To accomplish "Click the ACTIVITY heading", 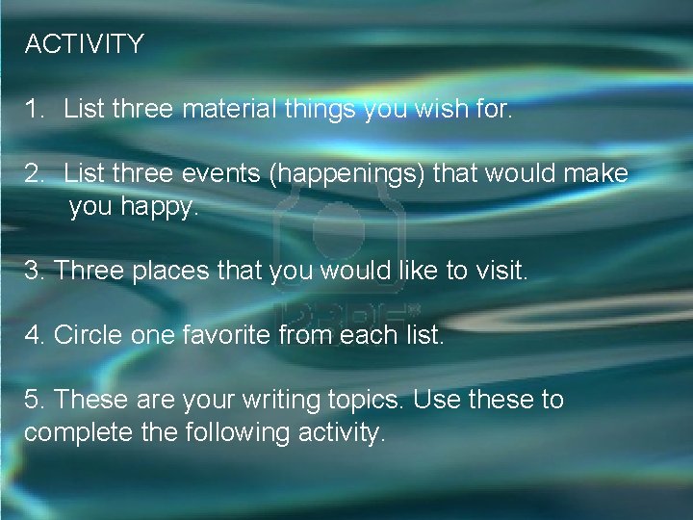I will click(85, 44).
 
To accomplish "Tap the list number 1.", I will click(35, 110).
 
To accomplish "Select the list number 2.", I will click(35, 174).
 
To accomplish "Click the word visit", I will click(501, 272).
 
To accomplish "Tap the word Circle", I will click(87, 336).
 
